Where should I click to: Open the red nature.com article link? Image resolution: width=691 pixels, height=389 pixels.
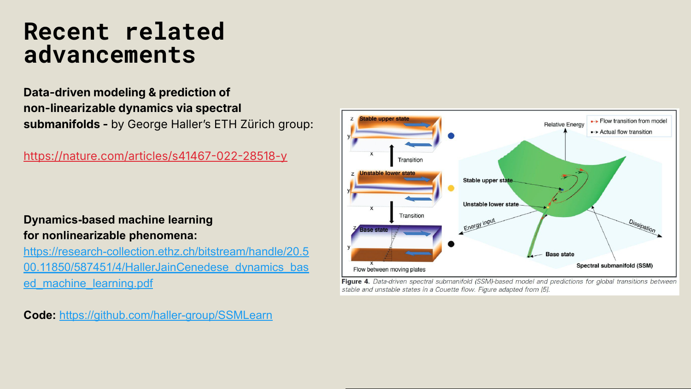click(155, 156)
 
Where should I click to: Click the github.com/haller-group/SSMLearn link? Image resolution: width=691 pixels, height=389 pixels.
click(166, 315)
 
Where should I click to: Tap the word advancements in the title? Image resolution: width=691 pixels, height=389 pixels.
click(110, 55)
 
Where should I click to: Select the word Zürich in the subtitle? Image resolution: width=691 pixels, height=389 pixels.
click(257, 124)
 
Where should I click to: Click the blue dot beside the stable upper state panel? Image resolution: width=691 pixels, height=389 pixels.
click(451, 136)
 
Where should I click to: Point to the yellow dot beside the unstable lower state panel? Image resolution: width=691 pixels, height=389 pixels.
click(451, 188)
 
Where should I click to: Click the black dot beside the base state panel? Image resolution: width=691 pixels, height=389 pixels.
click(451, 244)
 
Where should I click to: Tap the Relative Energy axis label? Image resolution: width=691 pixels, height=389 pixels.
click(564, 124)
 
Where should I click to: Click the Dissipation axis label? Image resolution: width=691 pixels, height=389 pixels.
click(642, 226)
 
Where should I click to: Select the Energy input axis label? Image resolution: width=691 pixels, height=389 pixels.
click(480, 224)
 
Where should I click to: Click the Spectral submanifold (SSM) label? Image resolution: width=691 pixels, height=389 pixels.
click(615, 265)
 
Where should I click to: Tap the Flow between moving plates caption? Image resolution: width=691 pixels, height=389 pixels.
click(389, 270)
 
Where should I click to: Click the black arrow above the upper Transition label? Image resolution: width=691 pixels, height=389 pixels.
click(392, 155)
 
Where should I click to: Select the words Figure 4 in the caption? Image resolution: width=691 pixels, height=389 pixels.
click(355, 282)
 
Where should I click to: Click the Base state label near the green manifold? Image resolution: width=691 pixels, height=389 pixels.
click(560, 254)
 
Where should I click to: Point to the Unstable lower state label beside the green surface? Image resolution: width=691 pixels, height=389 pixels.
click(491, 204)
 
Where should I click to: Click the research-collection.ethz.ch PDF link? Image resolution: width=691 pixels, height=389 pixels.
click(166, 267)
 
